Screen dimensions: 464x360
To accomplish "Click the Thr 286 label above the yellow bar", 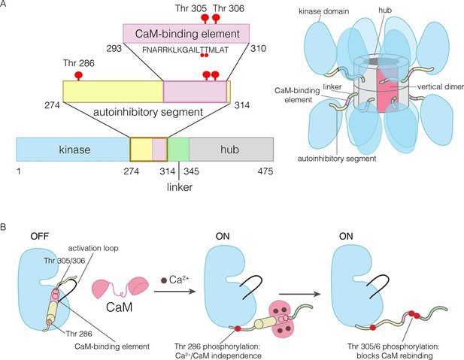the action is click(79, 63).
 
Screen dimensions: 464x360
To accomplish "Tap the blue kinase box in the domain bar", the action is click(73, 150).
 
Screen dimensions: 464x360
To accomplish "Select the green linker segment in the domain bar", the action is click(178, 150).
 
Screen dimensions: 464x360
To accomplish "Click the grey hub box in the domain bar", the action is click(231, 150).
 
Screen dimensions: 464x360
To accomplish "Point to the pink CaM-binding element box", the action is click(187, 33).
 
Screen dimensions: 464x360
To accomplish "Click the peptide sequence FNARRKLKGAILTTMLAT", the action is click(186, 50).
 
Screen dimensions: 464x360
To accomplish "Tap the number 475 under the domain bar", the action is click(265, 171).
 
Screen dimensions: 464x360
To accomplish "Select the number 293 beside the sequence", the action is click(114, 49).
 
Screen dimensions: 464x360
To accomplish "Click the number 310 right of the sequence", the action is click(259, 48).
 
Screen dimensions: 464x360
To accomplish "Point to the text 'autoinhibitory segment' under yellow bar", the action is click(148, 112).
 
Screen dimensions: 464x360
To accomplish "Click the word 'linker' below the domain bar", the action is click(180, 187).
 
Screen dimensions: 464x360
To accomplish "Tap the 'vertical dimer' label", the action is click(441, 86).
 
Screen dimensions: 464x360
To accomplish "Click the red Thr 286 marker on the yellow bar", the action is click(78, 75).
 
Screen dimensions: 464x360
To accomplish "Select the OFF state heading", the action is click(40, 236).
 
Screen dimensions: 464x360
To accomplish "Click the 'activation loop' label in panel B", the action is click(93, 248).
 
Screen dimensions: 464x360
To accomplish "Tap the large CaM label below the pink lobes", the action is click(119, 307).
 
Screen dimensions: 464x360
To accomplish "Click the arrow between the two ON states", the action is click(300, 294).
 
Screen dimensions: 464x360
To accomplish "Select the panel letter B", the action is click(4, 227).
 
